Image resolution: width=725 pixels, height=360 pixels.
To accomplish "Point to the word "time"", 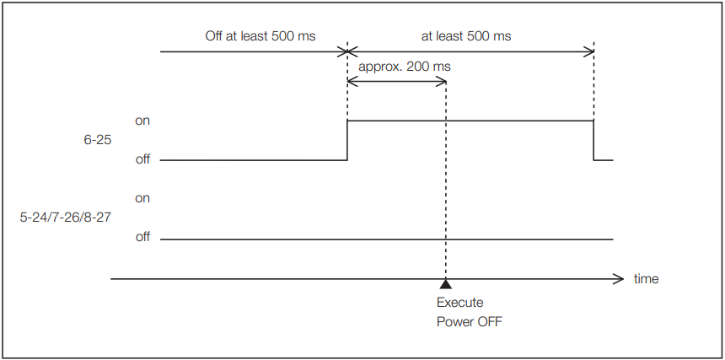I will [x=646, y=278].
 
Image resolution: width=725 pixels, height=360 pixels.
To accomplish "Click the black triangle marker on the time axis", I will [x=445, y=284].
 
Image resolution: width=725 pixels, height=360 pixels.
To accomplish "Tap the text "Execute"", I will [x=459, y=303].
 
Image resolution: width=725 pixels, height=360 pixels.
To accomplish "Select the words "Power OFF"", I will [x=470, y=321].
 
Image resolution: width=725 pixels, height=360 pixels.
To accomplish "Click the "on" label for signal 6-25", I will [x=142, y=121].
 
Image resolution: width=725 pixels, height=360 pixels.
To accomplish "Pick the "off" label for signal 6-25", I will [x=142, y=159].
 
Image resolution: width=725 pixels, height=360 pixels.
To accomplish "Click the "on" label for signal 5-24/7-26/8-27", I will [x=142, y=198].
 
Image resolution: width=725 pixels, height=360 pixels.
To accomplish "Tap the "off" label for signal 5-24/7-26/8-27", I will [x=142, y=237].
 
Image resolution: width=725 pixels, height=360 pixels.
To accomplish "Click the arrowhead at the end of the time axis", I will [x=619, y=277].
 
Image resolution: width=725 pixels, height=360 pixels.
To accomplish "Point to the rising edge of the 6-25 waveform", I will [x=347, y=140].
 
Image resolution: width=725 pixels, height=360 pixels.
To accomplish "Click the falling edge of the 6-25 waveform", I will [x=594, y=140].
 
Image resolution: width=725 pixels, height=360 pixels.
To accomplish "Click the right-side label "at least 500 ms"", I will [x=466, y=36].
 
